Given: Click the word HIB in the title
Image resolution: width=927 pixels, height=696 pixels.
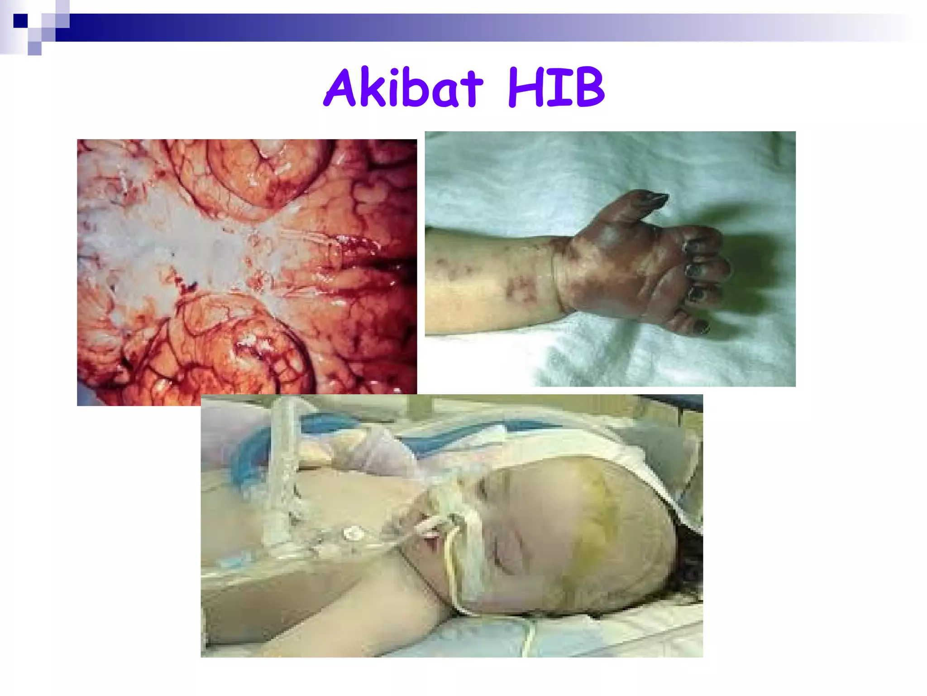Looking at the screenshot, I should tap(556, 88).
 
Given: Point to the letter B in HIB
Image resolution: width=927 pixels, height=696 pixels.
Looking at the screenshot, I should tap(587, 89).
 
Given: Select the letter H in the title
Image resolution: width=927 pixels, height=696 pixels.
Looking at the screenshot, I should tap(525, 89).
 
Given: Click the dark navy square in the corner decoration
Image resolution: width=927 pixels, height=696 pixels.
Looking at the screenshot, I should tap(20, 21).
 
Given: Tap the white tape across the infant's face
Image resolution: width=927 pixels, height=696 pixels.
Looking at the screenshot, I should tap(471, 557).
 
